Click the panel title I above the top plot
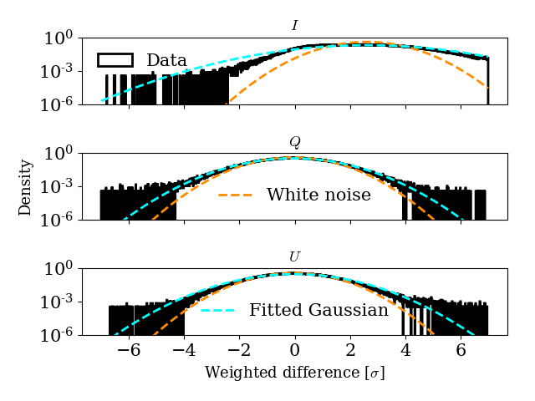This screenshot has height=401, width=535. tap(294, 26)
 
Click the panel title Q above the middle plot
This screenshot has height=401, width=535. tap(294, 141)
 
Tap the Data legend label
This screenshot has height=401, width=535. tap(166, 60)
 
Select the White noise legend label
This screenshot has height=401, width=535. tap(318, 195)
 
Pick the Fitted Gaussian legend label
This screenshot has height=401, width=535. tap(318, 311)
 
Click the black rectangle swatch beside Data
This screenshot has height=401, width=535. tap(115, 60)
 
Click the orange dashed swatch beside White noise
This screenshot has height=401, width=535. tap(235, 195)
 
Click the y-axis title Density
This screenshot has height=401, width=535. tap(25, 187)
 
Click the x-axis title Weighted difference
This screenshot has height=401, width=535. tap(294, 373)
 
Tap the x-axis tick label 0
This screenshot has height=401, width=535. tap(294, 352)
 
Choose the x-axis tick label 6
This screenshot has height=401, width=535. tap(461, 352)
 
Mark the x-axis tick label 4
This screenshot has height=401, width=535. tap(405, 352)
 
